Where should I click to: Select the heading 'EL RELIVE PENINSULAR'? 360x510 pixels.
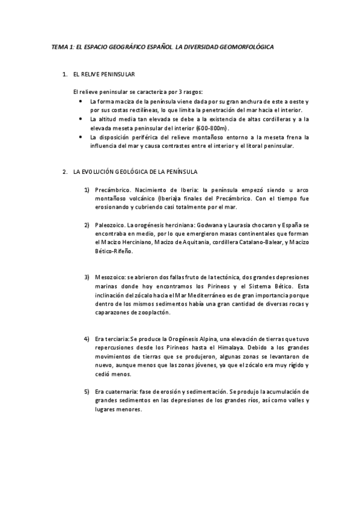[x=103, y=75]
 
